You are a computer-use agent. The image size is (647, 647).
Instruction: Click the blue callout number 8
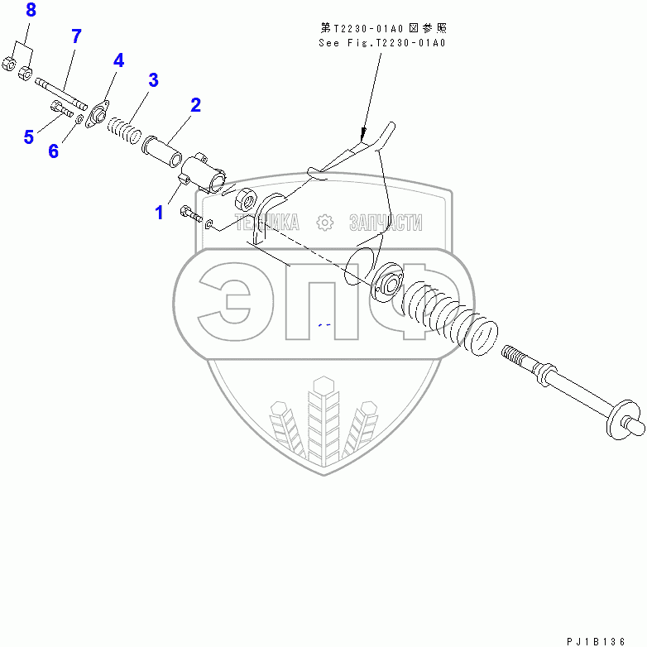click(x=31, y=11)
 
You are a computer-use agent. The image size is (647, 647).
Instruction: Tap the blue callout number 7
click(x=76, y=36)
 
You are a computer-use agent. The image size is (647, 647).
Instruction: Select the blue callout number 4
click(x=118, y=60)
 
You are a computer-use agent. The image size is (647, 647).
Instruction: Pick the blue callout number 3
click(x=153, y=80)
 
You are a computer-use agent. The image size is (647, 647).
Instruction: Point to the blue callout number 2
click(x=196, y=105)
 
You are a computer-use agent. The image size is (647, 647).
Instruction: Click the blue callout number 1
click(x=159, y=213)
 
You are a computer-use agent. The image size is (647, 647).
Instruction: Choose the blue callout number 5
click(x=29, y=137)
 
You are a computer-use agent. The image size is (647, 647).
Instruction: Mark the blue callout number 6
click(x=54, y=151)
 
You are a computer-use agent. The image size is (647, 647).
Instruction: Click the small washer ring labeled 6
click(x=79, y=120)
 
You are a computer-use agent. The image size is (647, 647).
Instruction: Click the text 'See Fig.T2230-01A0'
click(x=381, y=42)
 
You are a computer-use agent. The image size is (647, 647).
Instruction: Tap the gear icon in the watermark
click(x=324, y=222)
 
